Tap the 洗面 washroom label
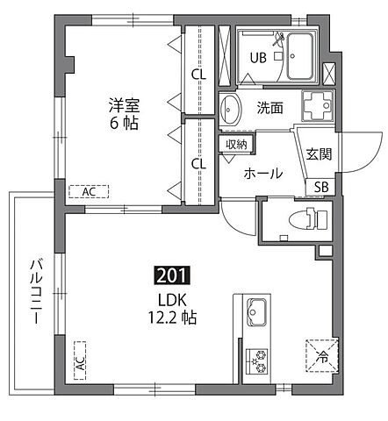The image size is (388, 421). click(x=269, y=109)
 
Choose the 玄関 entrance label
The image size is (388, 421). click(x=318, y=153)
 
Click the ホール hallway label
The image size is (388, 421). click(x=262, y=174)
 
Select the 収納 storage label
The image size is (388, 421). click(x=234, y=144)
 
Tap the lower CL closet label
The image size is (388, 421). click(x=198, y=162)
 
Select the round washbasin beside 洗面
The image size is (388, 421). click(x=233, y=111)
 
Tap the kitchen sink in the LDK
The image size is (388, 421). click(x=256, y=313)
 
